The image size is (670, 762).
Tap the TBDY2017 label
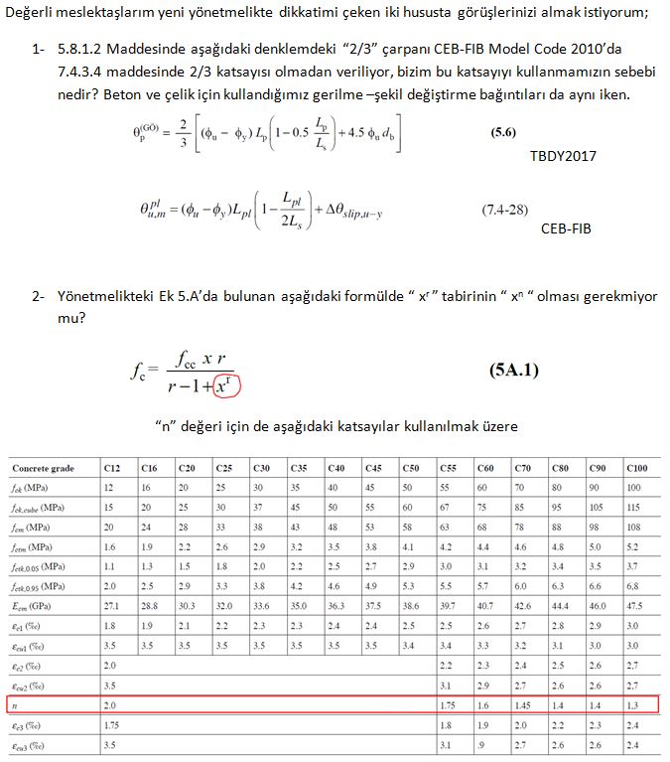coord(563,156)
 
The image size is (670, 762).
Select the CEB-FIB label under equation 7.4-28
coord(567,228)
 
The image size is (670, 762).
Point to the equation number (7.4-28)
coord(505,210)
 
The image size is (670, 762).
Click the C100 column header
coord(637,467)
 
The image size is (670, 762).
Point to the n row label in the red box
coord(17,704)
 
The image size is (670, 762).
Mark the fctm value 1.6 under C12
coord(111,546)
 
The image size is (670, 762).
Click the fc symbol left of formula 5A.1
coord(138,374)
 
